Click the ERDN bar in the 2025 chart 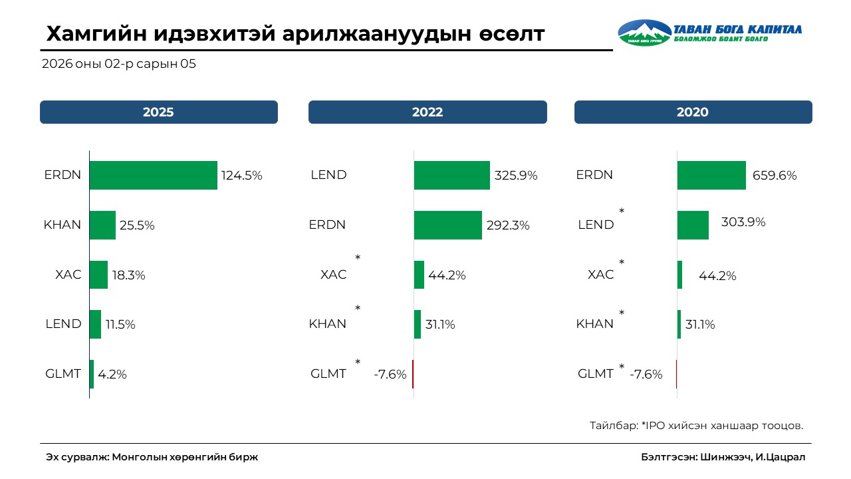(153, 176)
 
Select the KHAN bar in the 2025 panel (102, 226)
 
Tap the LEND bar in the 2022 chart (451, 176)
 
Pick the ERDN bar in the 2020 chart (711, 176)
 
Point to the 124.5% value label (242, 176)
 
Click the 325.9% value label (516, 176)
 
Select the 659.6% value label (775, 176)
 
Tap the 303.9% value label (743, 222)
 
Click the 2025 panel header (158, 112)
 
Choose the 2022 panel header (427, 112)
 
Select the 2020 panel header (693, 112)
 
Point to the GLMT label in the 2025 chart (63, 374)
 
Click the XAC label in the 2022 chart (334, 274)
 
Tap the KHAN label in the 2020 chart (595, 324)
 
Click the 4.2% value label (112, 374)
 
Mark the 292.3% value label (508, 226)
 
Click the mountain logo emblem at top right (645, 32)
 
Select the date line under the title (119, 65)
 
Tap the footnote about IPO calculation (696, 425)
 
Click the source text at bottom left (152, 457)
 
